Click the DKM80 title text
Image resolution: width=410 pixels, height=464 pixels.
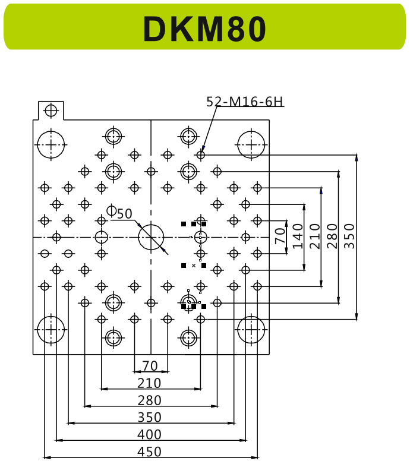(x=204, y=29)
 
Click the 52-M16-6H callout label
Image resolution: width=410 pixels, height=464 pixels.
(x=244, y=102)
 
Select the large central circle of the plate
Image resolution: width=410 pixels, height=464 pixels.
(x=151, y=237)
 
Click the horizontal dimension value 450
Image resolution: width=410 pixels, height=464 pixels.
(x=149, y=452)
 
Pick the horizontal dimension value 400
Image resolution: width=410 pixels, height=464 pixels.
(x=149, y=434)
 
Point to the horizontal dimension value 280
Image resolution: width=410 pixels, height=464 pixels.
(x=149, y=400)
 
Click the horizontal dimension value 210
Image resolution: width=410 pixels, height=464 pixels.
(x=149, y=383)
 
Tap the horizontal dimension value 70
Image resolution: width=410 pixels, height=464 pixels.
(x=150, y=366)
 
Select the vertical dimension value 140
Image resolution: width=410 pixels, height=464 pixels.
(x=298, y=236)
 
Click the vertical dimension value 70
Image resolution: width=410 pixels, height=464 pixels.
(x=280, y=236)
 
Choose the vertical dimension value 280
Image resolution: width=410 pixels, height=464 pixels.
(x=332, y=236)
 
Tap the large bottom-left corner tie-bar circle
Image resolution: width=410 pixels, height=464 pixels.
(x=51, y=329)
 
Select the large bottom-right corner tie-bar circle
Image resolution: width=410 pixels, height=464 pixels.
(x=251, y=329)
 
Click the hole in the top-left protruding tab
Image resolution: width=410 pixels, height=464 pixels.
(x=51, y=110)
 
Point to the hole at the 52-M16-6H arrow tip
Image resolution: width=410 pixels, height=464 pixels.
(x=201, y=155)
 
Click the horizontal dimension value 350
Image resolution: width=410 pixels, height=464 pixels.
(x=149, y=417)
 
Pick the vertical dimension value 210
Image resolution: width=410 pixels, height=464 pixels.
(x=315, y=236)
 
